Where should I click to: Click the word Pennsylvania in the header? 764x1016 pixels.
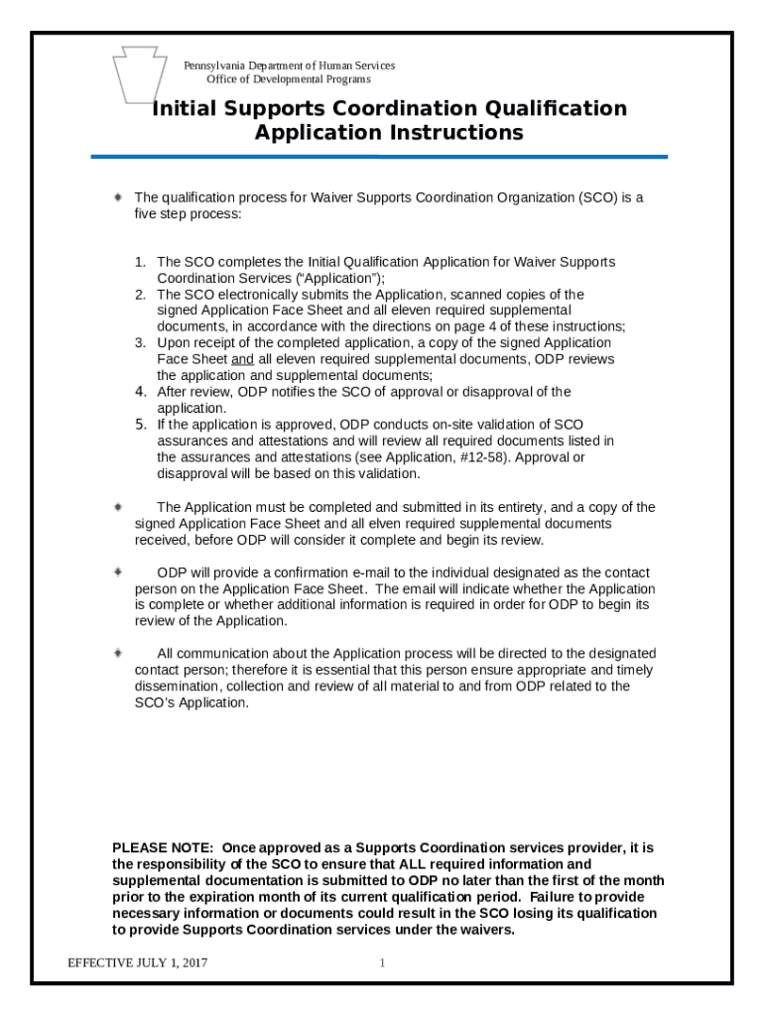(214, 65)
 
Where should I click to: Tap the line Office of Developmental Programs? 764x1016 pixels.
(289, 79)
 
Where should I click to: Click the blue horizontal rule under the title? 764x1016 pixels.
(379, 157)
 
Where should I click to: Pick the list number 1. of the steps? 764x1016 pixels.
(141, 262)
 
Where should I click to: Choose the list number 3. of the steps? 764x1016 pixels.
(141, 342)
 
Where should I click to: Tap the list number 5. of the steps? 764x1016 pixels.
(141, 425)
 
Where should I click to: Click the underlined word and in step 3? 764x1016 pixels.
(242, 358)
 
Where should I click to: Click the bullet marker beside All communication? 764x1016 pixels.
(118, 653)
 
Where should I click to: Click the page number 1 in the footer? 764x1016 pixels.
(382, 963)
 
